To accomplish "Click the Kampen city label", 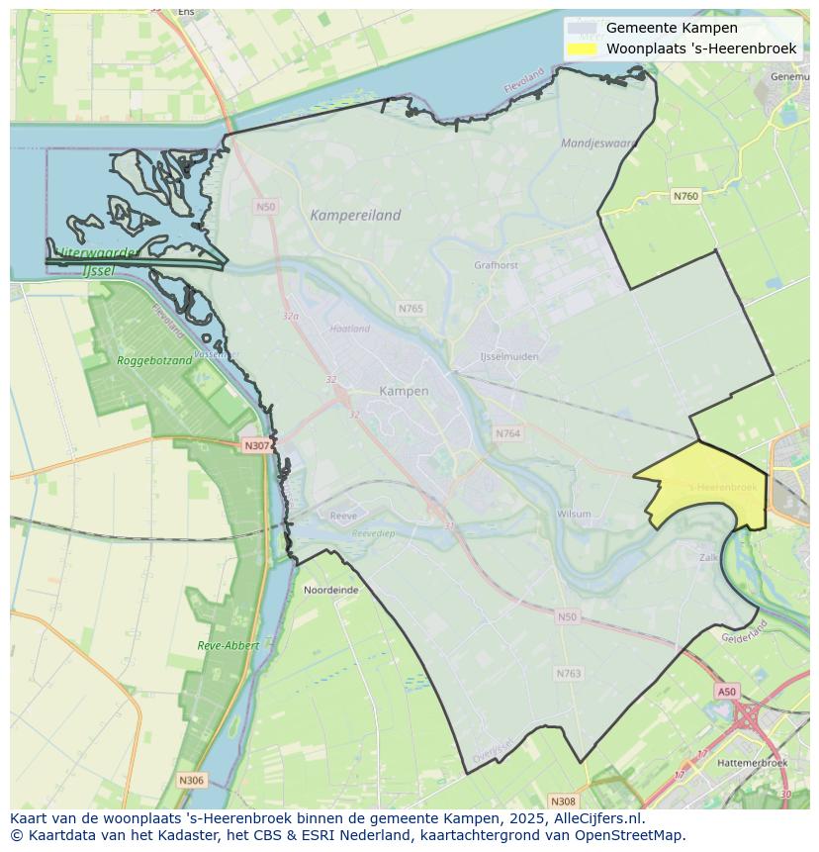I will pyautogui.click(x=404, y=391).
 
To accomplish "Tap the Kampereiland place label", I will pyautogui.click(x=355, y=215).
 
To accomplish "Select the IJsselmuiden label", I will pyautogui.click(x=508, y=355).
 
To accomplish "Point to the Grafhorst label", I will pyautogui.click(x=496, y=265).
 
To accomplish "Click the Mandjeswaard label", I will pyautogui.click(x=598, y=142).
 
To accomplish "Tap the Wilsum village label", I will pyautogui.click(x=574, y=514).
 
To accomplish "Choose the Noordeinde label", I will pyautogui.click(x=331, y=590).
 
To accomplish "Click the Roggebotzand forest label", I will pyautogui.click(x=154, y=361).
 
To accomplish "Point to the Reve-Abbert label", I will pyautogui.click(x=227, y=645).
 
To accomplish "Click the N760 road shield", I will pyautogui.click(x=685, y=196).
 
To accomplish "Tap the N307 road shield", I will pyautogui.click(x=256, y=446).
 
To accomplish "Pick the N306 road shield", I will pyautogui.click(x=191, y=781).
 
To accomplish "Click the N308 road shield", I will pyautogui.click(x=563, y=801).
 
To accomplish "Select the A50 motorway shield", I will pyautogui.click(x=727, y=692).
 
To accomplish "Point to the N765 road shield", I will pyautogui.click(x=410, y=309).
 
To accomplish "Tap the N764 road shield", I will pyautogui.click(x=507, y=433).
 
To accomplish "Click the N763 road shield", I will pyautogui.click(x=568, y=674).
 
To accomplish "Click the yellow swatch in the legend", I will pyautogui.click(x=583, y=48).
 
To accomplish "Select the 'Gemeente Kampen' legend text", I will pyautogui.click(x=658, y=28).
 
